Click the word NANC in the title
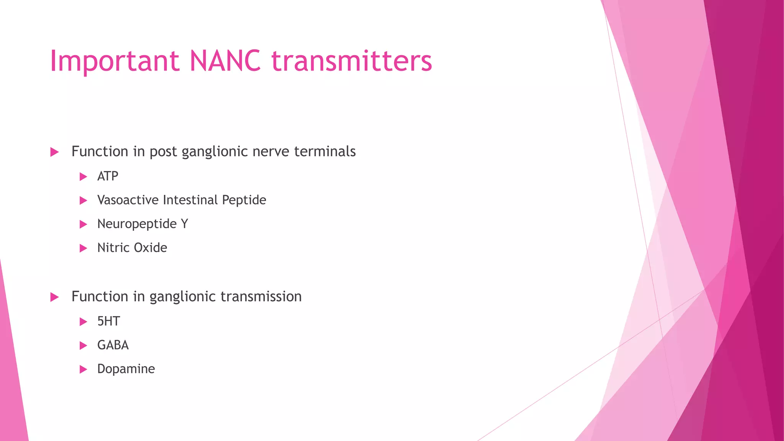coord(225,61)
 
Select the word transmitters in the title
coord(351,61)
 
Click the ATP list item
coord(108,176)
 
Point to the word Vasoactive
coord(128,200)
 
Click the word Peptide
coord(244,200)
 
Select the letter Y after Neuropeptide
coord(185,224)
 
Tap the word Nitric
coord(113,248)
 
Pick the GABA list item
coord(113,345)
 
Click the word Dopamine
coord(126,369)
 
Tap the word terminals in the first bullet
coord(325,152)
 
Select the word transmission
coord(261,297)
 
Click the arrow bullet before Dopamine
coord(83,369)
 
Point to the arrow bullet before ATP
coord(83,176)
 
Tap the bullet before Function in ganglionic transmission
coord(54,297)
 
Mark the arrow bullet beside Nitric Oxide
coord(83,248)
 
